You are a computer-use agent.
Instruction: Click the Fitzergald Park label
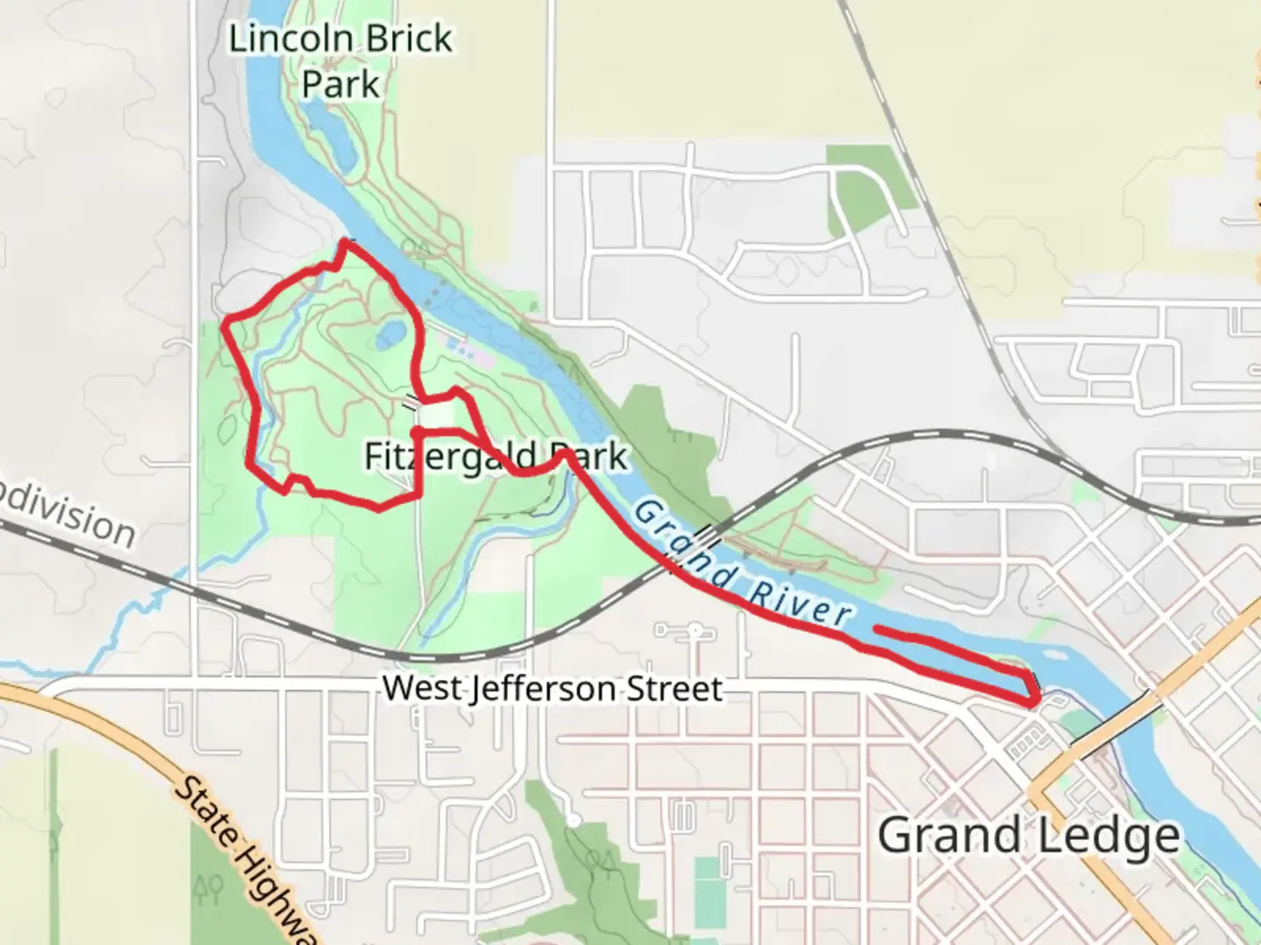(x=496, y=457)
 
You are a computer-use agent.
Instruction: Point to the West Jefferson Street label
(x=552, y=689)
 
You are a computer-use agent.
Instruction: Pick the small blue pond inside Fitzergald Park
(x=391, y=332)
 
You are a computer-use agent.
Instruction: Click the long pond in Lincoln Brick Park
(x=330, y=140)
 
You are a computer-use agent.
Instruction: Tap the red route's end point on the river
(x=877, y=629)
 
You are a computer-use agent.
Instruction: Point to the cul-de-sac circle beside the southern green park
(x=572, y=820)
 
